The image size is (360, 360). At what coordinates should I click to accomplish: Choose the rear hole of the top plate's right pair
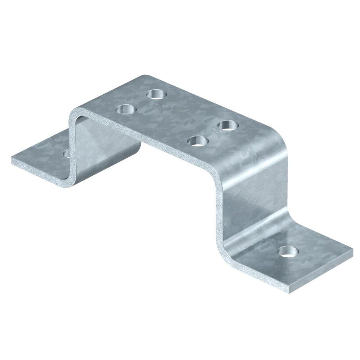coord(228,125)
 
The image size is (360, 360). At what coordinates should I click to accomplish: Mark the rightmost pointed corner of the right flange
coord(352,249)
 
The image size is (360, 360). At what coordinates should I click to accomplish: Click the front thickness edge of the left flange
coord(36,173)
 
